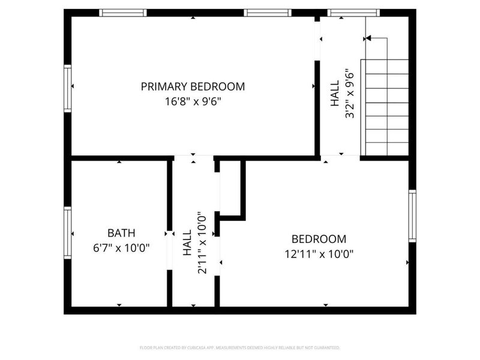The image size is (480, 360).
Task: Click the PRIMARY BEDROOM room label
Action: tap(193, 86)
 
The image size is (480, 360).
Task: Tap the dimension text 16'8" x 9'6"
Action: tap(193, 101)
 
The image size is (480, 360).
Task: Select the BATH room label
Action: tap(121, 233)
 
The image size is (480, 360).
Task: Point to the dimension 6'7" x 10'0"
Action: tap(121, 247)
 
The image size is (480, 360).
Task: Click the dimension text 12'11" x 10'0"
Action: tap(319, 253)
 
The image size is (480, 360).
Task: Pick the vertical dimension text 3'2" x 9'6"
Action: tap(350, 95)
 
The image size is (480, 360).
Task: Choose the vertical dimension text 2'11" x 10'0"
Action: tap(203, 243)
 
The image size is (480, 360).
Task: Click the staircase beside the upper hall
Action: tap(387, 108)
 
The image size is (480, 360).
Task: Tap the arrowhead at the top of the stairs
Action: tap(368, 38)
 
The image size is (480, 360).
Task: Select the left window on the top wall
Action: tap(123, 13)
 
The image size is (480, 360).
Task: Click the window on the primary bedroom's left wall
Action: tap(68, 88)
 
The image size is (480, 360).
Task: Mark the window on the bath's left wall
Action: tap(68, 232)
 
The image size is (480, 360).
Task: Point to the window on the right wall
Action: tap(412, 215)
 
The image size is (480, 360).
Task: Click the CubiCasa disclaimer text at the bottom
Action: tap(240, 347)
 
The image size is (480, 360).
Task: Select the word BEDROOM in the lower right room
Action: tap(319, 239)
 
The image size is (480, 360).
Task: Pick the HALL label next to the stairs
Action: tap(335, 95)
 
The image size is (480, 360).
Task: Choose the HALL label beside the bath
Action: tap(187, 243)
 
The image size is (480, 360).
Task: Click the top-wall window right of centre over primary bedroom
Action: tap(268, 13)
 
